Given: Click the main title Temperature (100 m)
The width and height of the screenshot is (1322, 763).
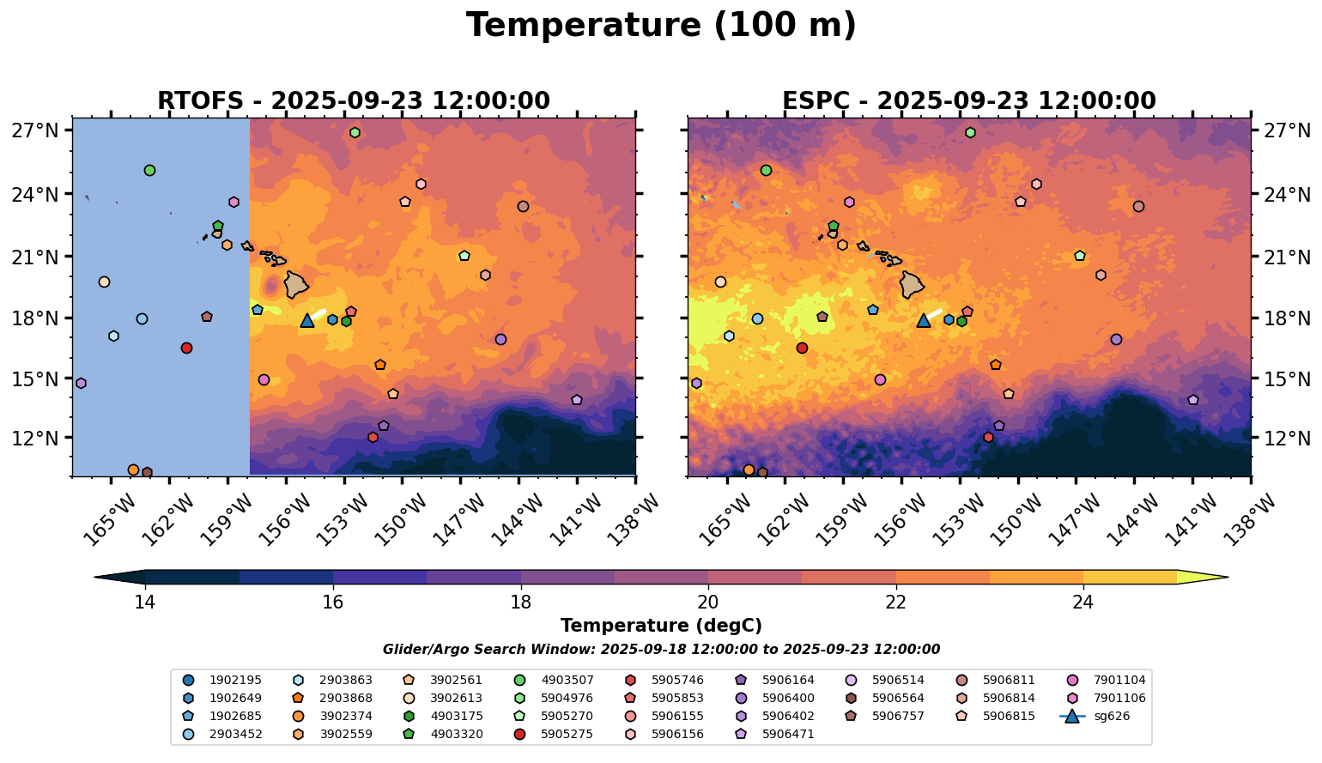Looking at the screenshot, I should [661, 26].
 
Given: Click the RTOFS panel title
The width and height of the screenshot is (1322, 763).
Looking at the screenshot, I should [353, 101].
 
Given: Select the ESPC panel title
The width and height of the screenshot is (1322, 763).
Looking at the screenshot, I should [969, 101].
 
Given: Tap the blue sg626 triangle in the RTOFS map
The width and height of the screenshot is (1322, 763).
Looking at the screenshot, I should [307, 320].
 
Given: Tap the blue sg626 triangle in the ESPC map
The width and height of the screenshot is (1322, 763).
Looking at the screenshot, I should [924, 320].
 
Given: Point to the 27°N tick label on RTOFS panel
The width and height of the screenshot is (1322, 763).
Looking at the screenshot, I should [40, 130].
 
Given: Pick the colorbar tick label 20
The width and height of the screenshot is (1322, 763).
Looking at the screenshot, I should [708, 603].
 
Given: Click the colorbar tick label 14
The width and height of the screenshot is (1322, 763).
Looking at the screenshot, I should [145, 603].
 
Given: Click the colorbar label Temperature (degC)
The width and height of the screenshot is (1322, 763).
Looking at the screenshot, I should [661, 626].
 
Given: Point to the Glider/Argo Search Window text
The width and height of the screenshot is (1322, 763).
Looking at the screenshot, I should [661, 650].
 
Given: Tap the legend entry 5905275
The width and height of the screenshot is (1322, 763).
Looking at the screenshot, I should [567, 734].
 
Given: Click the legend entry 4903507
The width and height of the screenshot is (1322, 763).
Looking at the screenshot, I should [567, 680].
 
